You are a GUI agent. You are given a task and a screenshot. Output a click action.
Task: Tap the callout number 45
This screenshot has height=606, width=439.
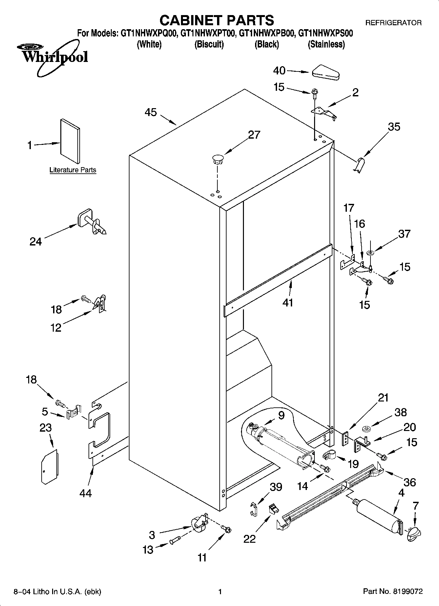(151, 112)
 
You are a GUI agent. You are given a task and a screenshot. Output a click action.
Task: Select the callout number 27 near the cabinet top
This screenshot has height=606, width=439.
(254, 135)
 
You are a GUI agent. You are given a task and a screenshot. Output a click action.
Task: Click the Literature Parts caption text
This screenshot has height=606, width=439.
(73, 170)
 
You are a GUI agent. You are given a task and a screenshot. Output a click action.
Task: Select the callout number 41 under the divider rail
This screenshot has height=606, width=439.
(288, 302)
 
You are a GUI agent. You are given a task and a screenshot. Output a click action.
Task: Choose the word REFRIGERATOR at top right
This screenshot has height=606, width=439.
(393, 23)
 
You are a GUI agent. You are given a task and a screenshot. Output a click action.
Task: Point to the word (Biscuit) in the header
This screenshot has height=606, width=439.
(209, 44)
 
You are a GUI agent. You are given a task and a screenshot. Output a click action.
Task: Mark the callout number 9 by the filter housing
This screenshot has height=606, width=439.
(281, 415)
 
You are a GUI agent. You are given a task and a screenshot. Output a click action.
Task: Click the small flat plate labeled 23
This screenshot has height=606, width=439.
(50, 466)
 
